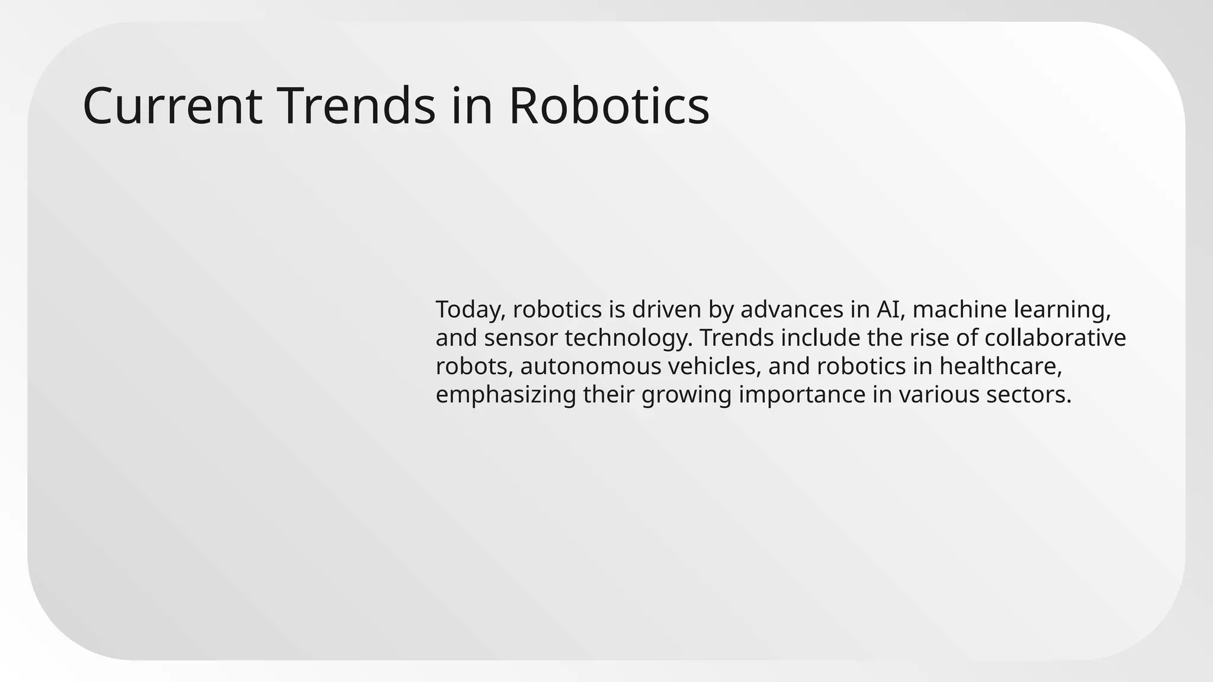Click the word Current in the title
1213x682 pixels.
(x=172, y=107)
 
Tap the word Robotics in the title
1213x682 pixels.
(x=608, y=107)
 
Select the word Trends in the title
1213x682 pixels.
(x=356, y=107)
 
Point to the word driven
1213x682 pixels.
(x=662, y=310)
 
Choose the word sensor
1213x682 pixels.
(x=521, y=338)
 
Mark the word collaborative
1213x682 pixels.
(x=1055, y=338)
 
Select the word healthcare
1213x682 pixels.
(x=1000, y=366)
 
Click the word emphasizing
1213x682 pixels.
(x=505, y=395)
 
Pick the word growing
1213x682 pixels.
(x=686, y=395)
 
